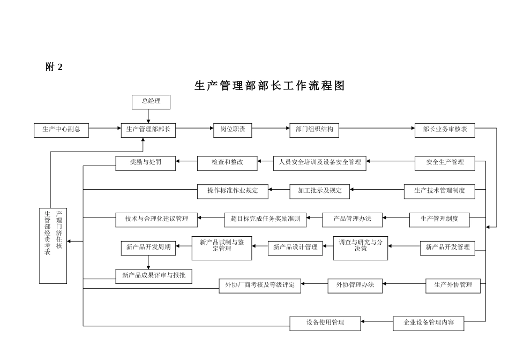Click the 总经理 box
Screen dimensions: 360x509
point(151,101)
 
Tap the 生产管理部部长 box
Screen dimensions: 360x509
point(148,129)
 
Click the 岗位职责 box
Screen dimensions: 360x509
point(233,129)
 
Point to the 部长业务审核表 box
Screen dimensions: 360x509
point(445,129)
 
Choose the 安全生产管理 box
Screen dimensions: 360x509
point(445,162)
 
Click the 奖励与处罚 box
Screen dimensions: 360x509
point(145,162)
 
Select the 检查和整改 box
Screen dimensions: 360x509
point(227,162)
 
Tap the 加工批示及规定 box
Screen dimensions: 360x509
point(320,190)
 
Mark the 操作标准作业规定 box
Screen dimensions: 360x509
point(233,190)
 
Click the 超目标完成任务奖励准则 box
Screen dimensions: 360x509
point(265,219)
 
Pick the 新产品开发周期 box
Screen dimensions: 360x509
point(148,247)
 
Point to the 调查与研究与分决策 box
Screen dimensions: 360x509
point(360,246)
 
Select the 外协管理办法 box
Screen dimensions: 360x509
point(355,285)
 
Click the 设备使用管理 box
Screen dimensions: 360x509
point(325,322)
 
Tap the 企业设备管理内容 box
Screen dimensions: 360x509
point(428,322)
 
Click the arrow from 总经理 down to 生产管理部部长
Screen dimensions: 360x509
point(148,115)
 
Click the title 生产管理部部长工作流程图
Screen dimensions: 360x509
point(269,86)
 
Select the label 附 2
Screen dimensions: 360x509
point(54,67)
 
